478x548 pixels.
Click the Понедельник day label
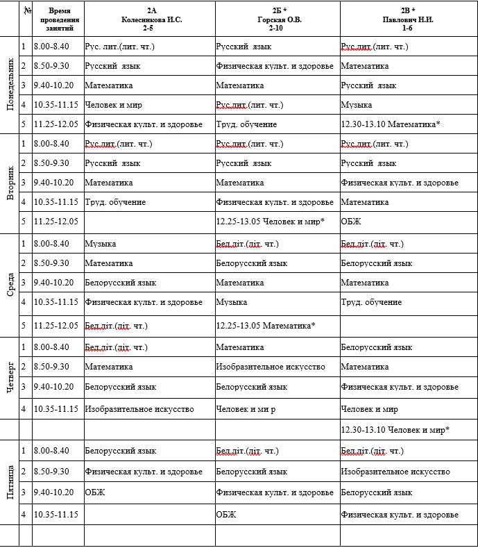point(10,85)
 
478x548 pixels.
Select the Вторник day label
point(10,183)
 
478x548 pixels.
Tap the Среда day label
point(10,283)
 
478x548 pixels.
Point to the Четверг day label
point(10,378)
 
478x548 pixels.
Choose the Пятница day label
point(10,483)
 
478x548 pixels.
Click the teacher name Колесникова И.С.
point(151,19)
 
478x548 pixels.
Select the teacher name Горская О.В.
point(278,19)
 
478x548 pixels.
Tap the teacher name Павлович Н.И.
point(408,19)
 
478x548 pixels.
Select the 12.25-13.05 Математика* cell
point(266,324)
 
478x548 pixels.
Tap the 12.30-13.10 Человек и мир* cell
point(395,430)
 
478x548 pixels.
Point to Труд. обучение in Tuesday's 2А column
point(115,202)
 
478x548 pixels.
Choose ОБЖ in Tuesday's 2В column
point(351,222)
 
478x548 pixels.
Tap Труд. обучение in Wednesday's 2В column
point(371,302)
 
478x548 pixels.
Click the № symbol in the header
point(27,10)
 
